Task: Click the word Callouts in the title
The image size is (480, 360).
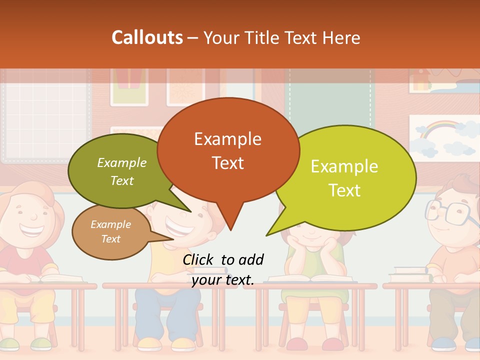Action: (147, 37)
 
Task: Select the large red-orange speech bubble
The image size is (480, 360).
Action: (228, 150)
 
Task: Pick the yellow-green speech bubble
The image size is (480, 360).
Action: (350, 177)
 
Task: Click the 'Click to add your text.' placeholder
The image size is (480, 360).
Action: (223, 269)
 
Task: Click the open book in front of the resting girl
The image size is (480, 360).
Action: (310, 278)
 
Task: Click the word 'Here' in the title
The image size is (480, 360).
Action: (339, 37)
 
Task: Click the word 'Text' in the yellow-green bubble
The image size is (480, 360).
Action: (344, 190)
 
